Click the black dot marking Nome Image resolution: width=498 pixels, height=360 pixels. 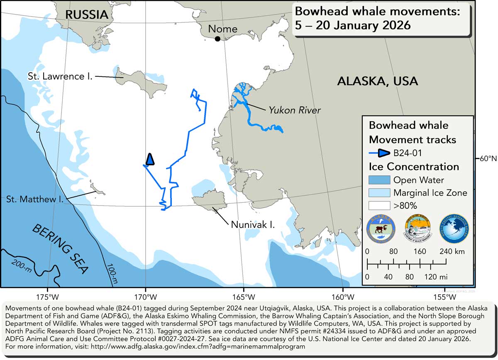pyautogui.click(x=217, y=39)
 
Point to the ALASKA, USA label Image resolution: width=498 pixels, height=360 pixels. pyautogui.click(x=377, y=81)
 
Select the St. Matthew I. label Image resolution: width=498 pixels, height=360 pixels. pyautogui.click(x=34, y=200)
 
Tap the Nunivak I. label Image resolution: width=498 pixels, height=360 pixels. pyautogui.click(x=253, y=225)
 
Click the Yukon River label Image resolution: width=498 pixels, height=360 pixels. pyautogui.click(x=295, y=110)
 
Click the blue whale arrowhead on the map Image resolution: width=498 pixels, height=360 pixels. pyautogui.click(x=150, y=159)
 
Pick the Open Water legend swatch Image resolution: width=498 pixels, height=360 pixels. pyautogui.click(x=379, y=180)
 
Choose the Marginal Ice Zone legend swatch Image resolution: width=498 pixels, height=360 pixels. pyautogui.click(x=379, y=193)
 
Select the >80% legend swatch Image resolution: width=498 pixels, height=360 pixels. pyautogui.click(x=379, y=205)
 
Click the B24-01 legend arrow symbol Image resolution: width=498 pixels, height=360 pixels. pyautogui.click(x=380, y=153)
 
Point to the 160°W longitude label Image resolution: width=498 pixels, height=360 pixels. pyautogui.click(x=343, y=297)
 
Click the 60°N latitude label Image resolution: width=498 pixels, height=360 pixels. pyautogui.click(x=488, y=159)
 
